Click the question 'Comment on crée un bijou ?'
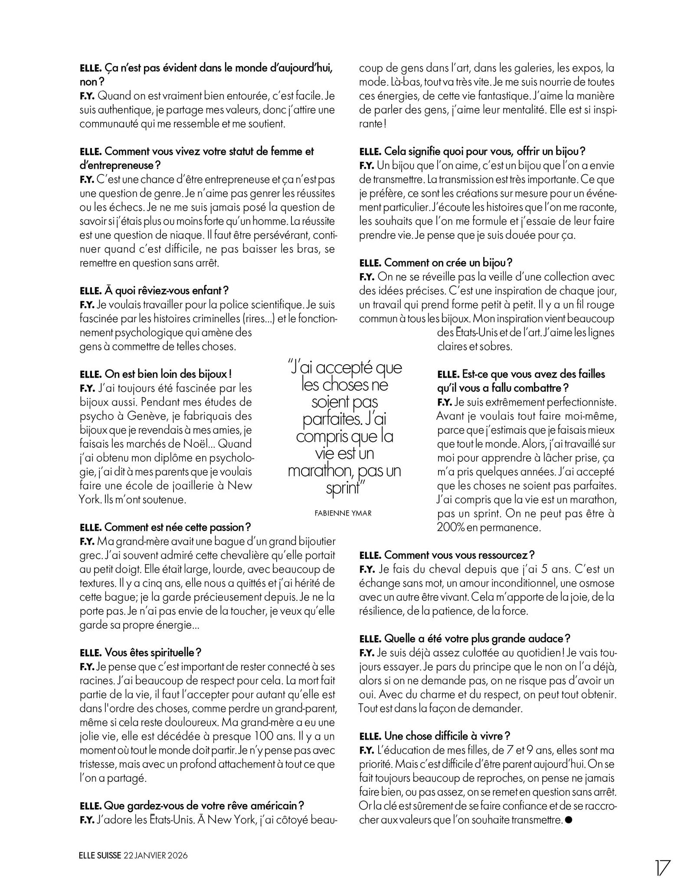[436, 262]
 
